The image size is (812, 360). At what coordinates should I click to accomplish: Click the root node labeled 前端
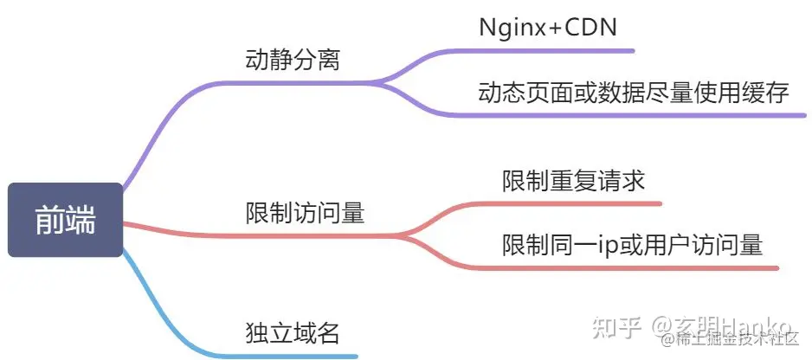65,221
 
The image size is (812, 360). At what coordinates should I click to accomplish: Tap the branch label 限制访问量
305,213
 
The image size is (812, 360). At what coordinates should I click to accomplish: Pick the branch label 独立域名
291,333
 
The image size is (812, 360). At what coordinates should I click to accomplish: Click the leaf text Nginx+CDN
548,27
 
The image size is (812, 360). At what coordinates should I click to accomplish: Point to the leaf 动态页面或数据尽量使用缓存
634,93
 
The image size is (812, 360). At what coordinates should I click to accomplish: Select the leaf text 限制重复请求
573,182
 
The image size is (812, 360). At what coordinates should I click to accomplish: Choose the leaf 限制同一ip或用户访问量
633,245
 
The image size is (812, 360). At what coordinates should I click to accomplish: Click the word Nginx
510,27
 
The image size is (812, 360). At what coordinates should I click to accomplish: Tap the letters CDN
591,27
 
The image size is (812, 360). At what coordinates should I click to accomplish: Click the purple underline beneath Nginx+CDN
554,50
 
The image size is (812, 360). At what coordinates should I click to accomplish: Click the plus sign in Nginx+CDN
548,28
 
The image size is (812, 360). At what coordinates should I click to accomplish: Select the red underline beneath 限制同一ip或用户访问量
632,267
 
